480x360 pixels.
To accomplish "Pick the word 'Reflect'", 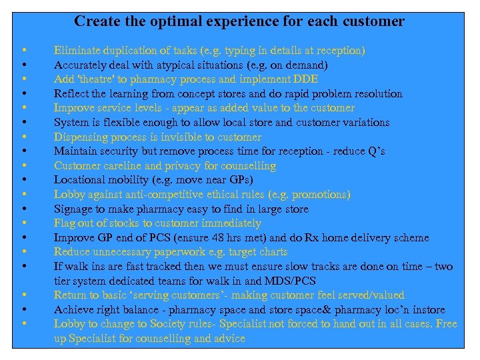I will (x=70, y=94).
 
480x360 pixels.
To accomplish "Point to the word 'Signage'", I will (x=73, y=209).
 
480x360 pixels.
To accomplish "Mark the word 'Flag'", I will (x=64, y=223).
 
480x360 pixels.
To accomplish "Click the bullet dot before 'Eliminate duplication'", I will (x=23, y=51).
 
